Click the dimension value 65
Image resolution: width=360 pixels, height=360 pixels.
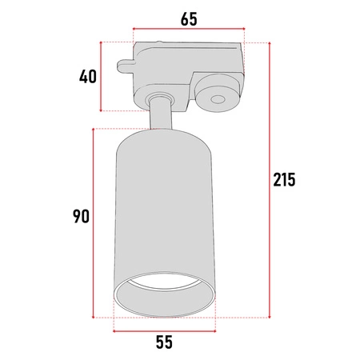(189, 19)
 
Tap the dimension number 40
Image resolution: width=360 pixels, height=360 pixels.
(88, 77)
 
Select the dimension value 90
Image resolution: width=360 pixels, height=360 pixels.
(81, 216)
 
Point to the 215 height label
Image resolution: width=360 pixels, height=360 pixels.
(284, 179)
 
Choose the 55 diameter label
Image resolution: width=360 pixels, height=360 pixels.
(164, 342)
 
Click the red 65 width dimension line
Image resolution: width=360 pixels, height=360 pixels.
(189, 29)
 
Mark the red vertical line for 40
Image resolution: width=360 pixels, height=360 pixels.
(101, 76)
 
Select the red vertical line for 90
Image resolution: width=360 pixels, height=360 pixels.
(93, 223)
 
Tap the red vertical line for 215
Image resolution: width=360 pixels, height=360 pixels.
(270, 180)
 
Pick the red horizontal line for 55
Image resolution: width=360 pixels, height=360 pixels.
(165, 331)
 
